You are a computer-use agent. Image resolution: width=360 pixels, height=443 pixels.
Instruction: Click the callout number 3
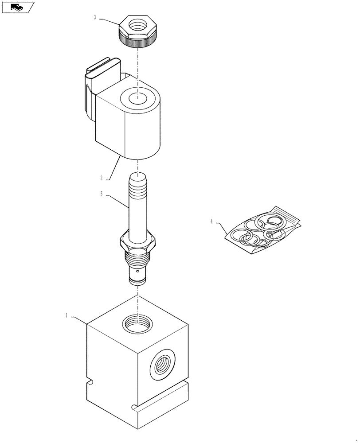click(x=95, y=18)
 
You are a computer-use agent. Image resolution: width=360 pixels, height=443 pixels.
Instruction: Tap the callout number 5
click(x=102, y=194)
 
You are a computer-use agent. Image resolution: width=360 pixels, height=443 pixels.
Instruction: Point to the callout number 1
click(x=67, y=315)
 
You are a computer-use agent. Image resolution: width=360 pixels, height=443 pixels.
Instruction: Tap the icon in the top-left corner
click(x=17, y=7)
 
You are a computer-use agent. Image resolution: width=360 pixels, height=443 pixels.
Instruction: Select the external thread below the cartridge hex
click(x=138, y=256)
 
